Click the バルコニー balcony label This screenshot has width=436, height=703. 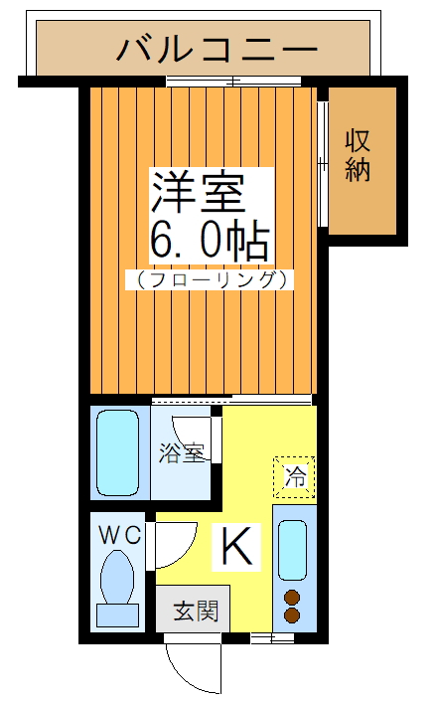(x=217, y=48)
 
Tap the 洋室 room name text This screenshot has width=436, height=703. (x=197, y=191)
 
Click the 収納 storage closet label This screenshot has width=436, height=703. (x=358, y=154)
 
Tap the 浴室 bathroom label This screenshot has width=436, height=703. (x=181, y=452)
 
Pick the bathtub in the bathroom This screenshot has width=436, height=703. (x=117, y=451)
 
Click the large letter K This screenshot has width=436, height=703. (x=236, y=546)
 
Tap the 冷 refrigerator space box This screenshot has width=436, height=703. (x=295, y=476)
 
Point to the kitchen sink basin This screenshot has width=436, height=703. (x=293, y=548)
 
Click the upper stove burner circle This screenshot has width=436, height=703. (x=293, y=598)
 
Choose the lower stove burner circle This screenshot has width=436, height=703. (x=293, y=615)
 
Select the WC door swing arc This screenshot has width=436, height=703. (x=171, y=542)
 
